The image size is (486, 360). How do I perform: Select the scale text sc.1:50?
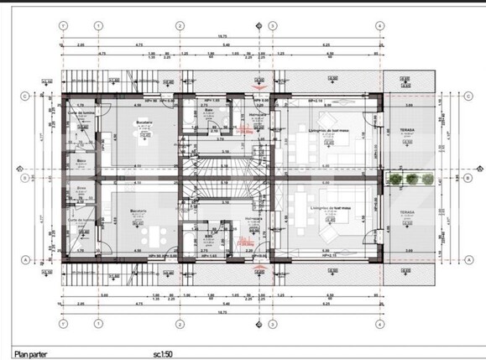tap(174, 352)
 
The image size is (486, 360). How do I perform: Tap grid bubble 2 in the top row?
tap(180, 25)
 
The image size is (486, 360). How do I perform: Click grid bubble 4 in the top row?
tap(380, 25)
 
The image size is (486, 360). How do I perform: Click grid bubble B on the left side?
tap(26, 178)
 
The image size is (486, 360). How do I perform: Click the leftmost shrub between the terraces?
tap(396, 178)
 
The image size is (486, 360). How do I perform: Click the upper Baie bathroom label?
tap(209, 112)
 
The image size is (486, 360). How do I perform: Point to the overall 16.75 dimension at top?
tap(221, 36)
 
